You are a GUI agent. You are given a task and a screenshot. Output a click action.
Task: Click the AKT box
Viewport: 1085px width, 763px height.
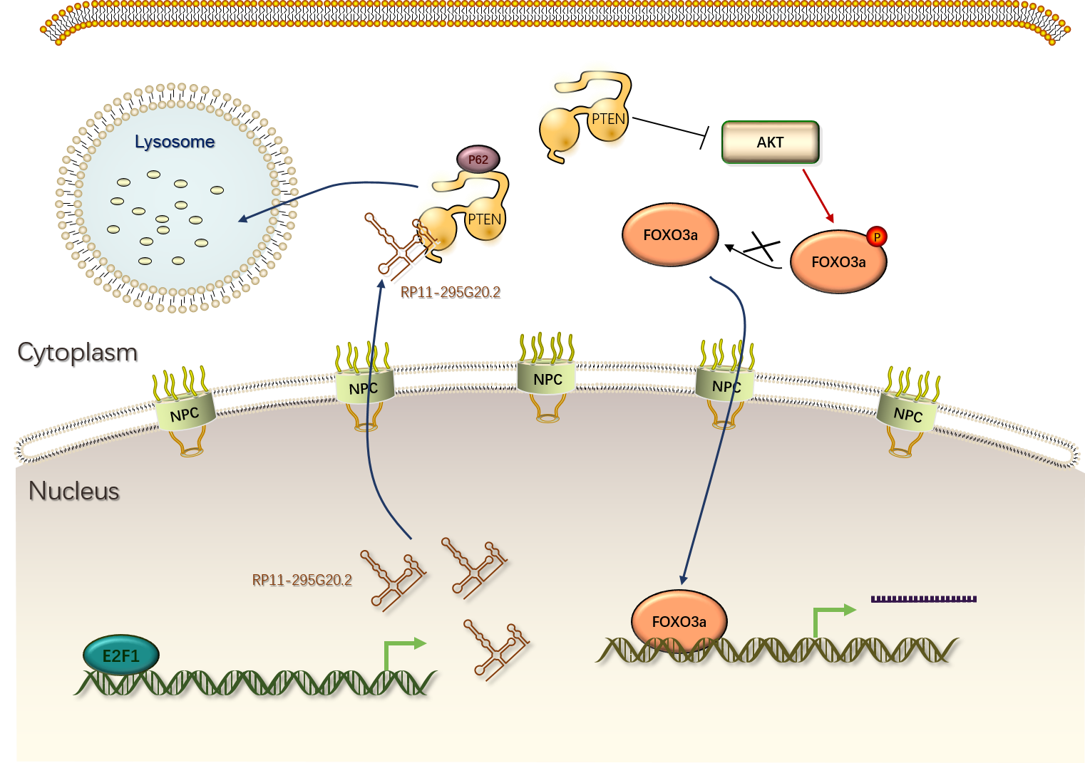coord(771,142)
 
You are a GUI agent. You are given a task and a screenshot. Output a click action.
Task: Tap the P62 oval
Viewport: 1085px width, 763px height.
coord(478,160)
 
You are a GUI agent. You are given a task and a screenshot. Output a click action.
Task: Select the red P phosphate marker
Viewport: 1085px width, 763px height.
coord(877,237)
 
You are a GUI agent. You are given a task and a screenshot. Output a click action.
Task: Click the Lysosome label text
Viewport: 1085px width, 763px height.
coord(175,142)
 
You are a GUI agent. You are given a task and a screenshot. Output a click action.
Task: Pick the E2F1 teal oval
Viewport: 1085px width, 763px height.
coord(121,655)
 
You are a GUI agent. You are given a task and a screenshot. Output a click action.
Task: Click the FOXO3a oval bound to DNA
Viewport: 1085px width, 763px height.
coord(679,621)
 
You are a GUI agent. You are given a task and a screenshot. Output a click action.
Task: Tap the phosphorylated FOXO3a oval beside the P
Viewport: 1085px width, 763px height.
coord(838,262)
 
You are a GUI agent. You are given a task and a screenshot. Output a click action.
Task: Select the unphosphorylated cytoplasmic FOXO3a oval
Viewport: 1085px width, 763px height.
coord(670,235)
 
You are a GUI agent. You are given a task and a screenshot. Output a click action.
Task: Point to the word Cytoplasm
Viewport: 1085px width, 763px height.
coord(77,352)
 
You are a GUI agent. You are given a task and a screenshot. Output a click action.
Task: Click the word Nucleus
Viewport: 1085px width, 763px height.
coord(74,491)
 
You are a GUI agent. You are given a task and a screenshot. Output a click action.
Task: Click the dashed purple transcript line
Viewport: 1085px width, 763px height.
coord(923,599)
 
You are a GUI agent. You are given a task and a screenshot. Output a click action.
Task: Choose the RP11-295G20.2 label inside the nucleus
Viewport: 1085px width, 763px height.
coord(302,580)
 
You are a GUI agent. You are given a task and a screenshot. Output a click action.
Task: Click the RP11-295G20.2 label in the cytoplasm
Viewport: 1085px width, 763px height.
coord(450,292)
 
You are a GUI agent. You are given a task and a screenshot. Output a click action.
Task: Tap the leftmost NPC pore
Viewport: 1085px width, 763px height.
coord(185,413)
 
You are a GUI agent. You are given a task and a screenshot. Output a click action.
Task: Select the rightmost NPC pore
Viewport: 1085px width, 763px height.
coord(907,414)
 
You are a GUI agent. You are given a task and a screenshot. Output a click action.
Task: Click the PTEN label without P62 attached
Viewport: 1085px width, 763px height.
coord(608,119)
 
